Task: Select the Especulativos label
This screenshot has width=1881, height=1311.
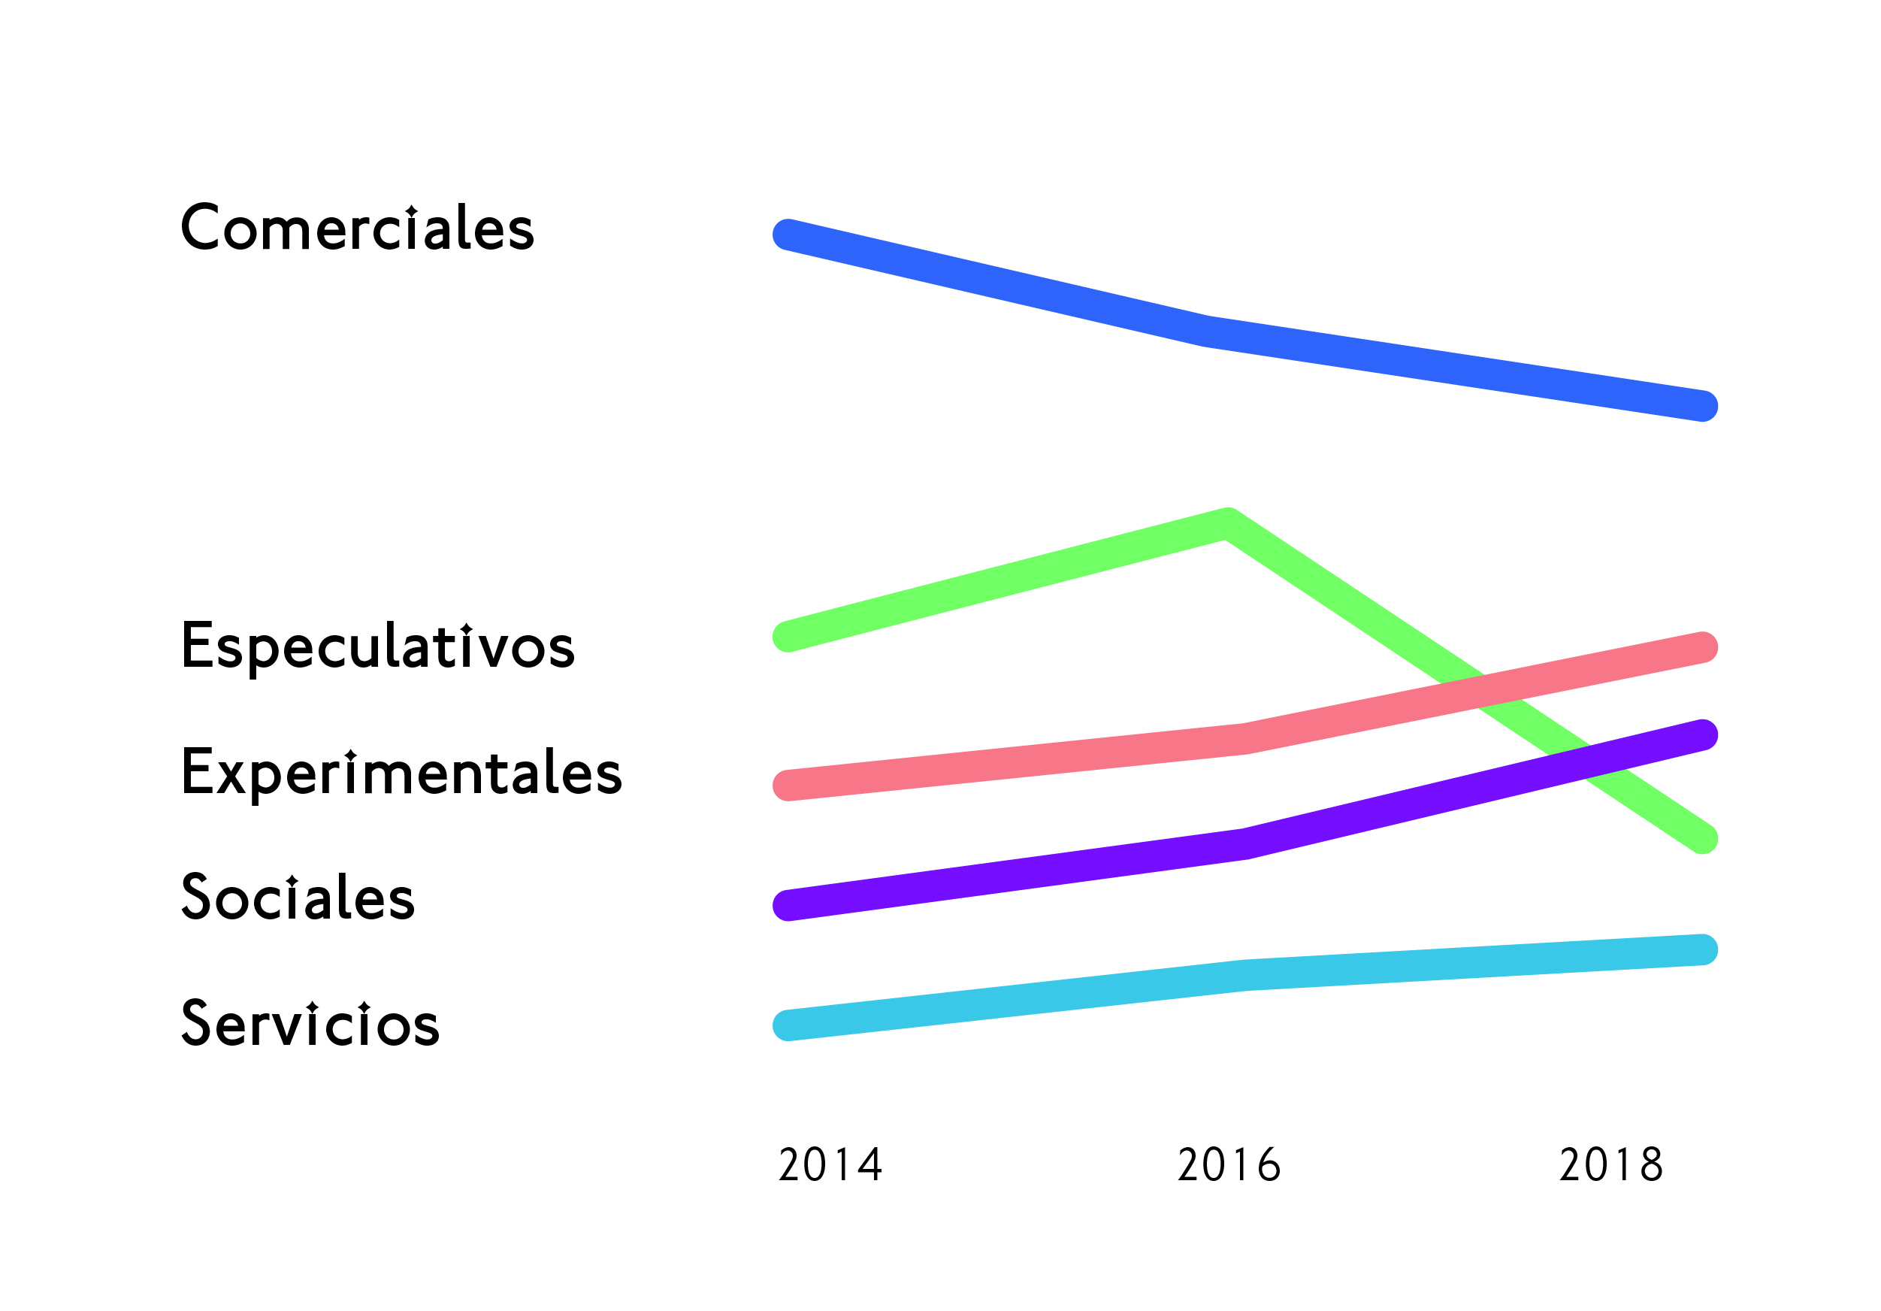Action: (x=378, y=646)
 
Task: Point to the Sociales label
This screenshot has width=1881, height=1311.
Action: (x=298, y=898)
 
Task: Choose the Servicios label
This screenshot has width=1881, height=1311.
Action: (x=310, y=1023)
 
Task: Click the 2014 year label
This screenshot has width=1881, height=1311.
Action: (x=830, y=1164)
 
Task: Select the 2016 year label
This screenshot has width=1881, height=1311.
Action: (x=1229, y=1164)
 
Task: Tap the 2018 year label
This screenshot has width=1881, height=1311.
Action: (x=1611, y=1164)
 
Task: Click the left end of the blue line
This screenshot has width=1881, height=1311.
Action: (x=788, y=235)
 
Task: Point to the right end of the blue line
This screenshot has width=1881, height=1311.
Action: (x=1702, y=406)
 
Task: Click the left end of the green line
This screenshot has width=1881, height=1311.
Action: (x=788, y=637)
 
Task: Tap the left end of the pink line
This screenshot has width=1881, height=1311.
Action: (x=788, y=785)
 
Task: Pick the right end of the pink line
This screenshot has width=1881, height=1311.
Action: (x=1702, y=647)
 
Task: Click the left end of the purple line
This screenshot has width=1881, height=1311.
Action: (x=788, y=905)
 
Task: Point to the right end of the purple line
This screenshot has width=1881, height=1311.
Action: (x=1702, y=734)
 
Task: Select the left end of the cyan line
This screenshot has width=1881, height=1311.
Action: (x=788, y=1025)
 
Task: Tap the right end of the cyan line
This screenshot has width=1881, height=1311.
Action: (x=1702, y=949)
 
